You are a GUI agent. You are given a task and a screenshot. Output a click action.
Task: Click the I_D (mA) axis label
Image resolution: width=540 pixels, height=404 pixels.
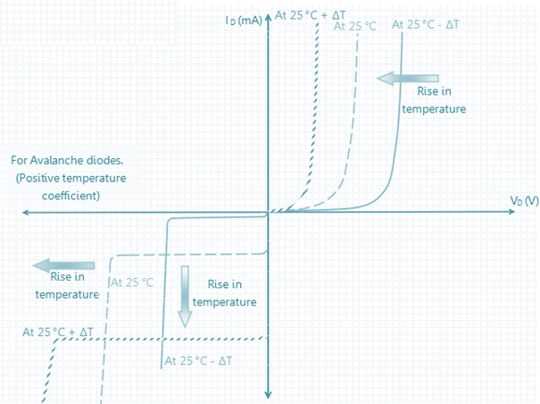[x=244, y=19]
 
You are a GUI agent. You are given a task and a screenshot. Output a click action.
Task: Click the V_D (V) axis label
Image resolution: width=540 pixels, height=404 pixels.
[x=524, y=200]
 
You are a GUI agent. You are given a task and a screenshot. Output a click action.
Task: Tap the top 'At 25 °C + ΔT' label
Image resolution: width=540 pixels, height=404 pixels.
[x=311, y=15]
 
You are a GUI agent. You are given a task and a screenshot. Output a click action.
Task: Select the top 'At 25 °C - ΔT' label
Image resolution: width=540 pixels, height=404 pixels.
[x=426, y=24]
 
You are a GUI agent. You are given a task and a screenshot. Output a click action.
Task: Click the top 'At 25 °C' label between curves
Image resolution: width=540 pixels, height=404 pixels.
[x=355, y=26]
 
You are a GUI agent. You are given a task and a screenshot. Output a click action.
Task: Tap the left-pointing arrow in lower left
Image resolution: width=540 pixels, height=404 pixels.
[x=63, y=265]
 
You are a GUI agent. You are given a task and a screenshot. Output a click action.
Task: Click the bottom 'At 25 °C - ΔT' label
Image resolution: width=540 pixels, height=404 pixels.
[x=199, y=360]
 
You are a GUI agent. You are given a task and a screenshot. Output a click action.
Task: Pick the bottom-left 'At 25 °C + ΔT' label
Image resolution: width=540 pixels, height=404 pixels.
[x=58, y=332]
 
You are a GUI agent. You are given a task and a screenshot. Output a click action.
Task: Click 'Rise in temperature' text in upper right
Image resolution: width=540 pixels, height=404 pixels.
[x=434, y=99]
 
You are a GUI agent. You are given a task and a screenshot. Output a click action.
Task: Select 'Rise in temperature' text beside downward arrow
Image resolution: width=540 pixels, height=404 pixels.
[x=224, y=292]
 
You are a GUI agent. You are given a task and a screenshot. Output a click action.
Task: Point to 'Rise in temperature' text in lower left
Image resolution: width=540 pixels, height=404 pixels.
[x=67, y=285]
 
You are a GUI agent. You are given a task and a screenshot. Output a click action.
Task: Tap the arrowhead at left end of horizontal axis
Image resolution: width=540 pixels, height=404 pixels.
[x=26, y=213]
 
